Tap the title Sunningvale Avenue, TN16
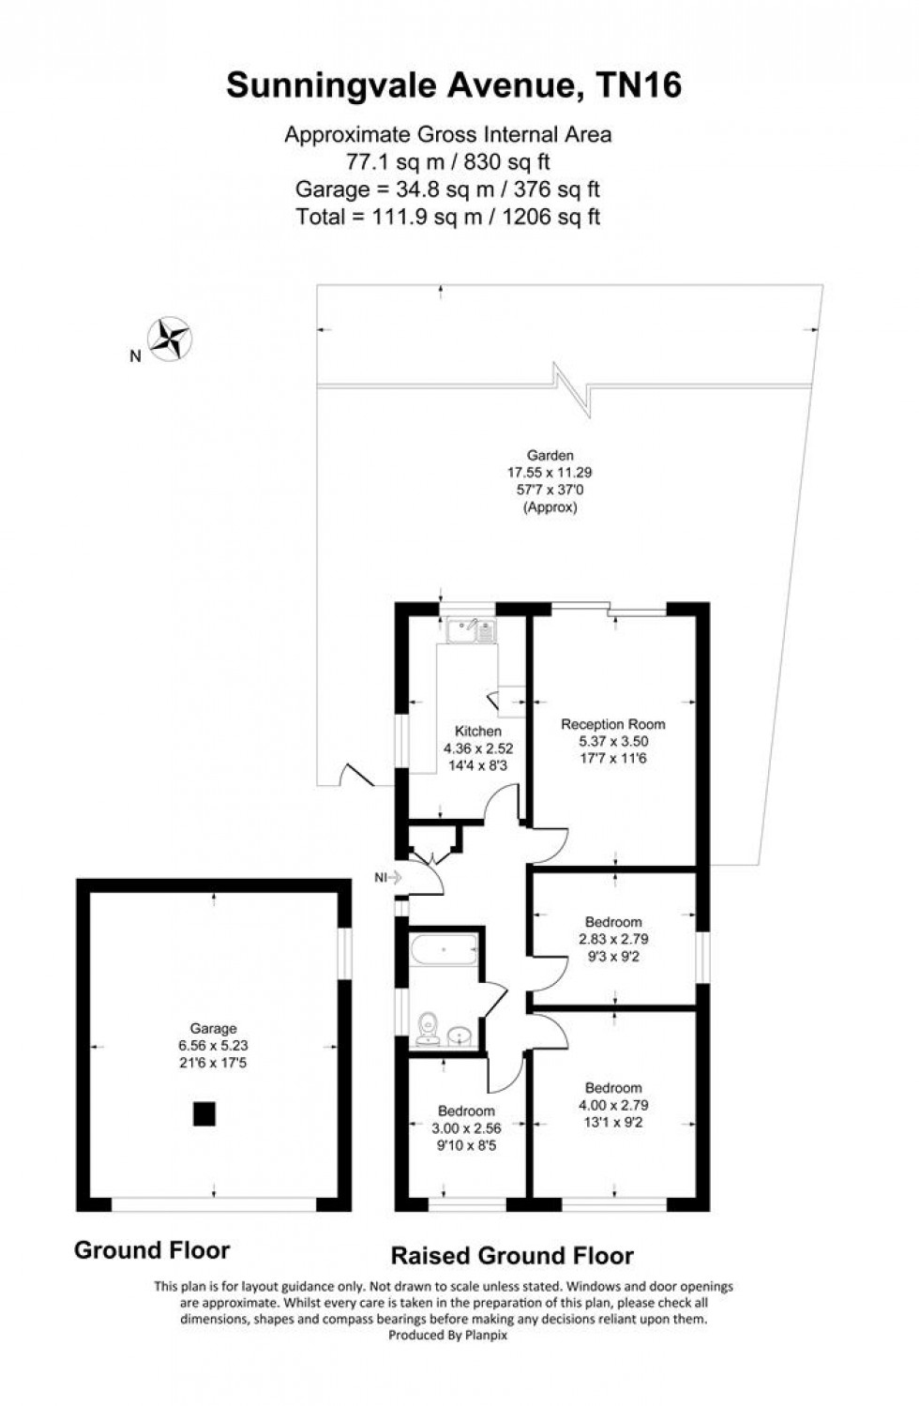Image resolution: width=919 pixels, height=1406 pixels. pos(454,85)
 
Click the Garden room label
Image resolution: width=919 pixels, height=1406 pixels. pos(550,456)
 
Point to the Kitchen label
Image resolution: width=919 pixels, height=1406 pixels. pos(478,731)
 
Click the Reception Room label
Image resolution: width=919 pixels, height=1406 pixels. pos(613,724)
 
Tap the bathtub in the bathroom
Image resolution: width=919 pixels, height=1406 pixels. pos(444,952)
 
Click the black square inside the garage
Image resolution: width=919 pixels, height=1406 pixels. pos(204,1113)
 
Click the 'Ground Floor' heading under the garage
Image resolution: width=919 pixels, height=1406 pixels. pos(152,1250)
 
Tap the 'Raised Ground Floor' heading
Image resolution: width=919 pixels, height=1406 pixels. pos(512,1256)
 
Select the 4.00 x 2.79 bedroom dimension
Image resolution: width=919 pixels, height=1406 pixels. pos(613,1105)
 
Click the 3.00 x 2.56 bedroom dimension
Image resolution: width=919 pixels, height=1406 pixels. pos(466,1128)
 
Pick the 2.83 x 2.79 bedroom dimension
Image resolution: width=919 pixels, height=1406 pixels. pos(613,939)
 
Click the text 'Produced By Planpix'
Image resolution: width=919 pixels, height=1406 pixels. pos(447,1336)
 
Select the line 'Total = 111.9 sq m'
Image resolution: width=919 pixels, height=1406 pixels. pos(447,217)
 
